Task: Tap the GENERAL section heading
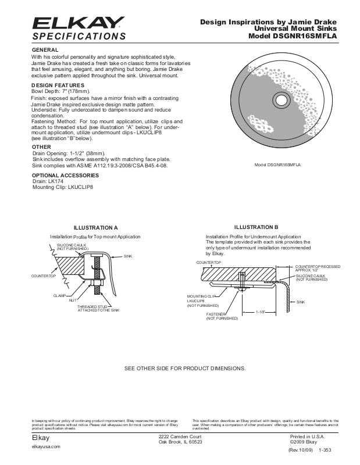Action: (x=44, y=50)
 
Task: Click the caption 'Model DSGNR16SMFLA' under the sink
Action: (x=281, y=165)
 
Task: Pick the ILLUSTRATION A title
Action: (x=95, y=227)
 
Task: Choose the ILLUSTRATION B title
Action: (x=256, y=227)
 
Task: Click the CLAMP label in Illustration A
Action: (x=57, y=296)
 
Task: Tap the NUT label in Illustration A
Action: (x=73, y=300)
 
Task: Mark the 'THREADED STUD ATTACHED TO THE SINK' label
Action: (x=98, y=309)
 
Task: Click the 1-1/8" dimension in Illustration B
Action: (x=261, y=312)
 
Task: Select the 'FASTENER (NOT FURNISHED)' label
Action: (x=222, y=316)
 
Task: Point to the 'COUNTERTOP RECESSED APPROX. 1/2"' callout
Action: (x=318, y=268)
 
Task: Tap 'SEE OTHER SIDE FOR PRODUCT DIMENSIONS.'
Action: (x=185, y=369)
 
